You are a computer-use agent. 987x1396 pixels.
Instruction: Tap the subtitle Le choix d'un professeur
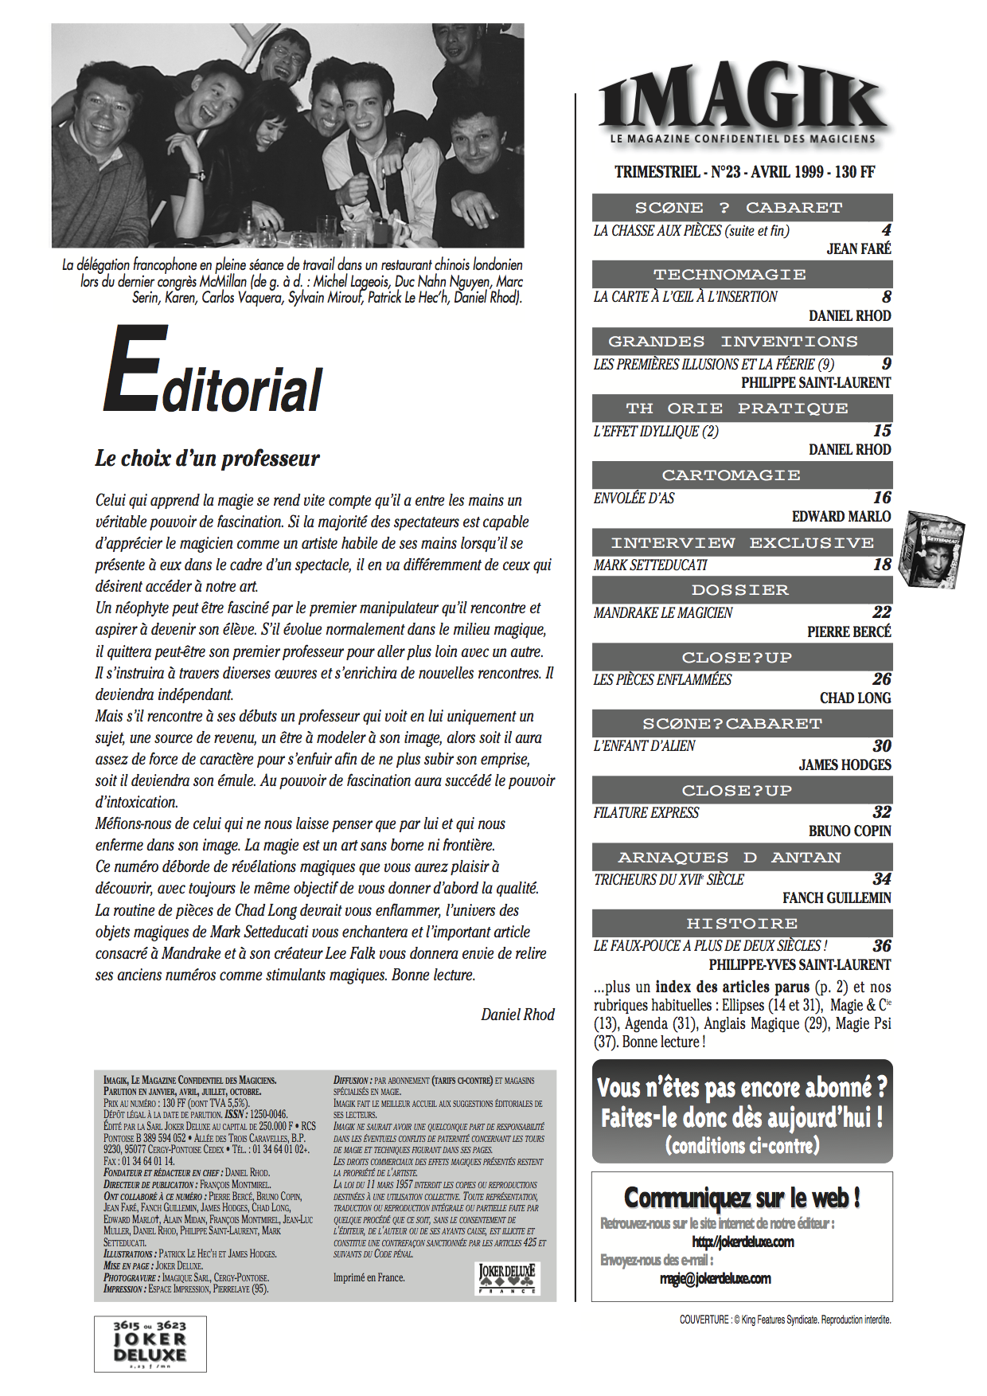click(207, 459)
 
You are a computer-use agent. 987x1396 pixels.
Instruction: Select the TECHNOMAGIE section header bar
click(742, 275)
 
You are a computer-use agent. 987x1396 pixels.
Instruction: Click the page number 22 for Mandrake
click(881, 612)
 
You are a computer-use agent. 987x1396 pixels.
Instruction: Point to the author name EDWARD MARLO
click(841, 517)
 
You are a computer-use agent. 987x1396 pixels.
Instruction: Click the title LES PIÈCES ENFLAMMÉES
click(662, 679)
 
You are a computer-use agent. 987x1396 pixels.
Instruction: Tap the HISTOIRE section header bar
click(742, 924)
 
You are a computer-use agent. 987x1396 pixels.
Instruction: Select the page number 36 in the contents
click(881, 946)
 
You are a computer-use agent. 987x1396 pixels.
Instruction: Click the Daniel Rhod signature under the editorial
click(517, 1015)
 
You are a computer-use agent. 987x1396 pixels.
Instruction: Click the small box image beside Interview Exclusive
click(930, 550)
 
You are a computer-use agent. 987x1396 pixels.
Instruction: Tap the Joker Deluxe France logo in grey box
click(507, 1277)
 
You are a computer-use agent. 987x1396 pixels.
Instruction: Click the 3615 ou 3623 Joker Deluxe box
click(150, 1344)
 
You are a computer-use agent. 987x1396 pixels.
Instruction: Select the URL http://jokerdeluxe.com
click(743, 1242)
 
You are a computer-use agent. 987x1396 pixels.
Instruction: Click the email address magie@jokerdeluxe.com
click(715, 1279)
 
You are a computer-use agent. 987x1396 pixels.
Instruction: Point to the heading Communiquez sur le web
click(742, 1198)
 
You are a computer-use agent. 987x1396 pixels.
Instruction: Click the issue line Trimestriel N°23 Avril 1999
click(744, 172)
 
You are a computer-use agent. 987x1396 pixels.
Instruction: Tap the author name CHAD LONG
click(855, 698)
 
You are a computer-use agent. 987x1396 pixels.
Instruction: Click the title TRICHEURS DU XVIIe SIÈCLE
click(669, 880)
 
